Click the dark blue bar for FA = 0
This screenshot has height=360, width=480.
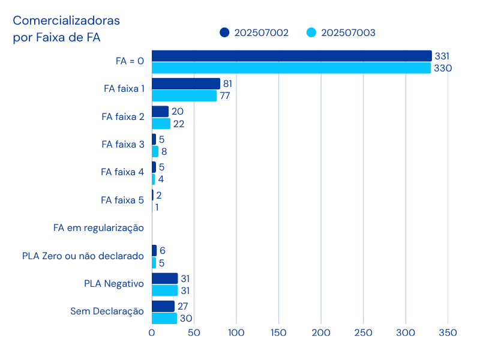coord(292,56)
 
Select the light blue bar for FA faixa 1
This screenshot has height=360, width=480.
coord(184,96)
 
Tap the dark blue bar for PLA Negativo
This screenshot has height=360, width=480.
coord(165,278)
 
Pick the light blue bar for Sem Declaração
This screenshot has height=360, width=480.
coord(164,319)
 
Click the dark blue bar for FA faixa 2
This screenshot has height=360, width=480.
coord(160,112)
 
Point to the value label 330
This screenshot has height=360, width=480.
coord(442,68)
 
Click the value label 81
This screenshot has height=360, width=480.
coord(227,83)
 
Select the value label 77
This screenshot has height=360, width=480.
coord(225,96)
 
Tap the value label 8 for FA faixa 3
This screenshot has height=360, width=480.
coord(164,151)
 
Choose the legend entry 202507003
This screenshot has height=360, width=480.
coord(341,32)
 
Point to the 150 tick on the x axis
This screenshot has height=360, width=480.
coord(278,332)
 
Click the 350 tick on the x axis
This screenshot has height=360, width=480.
coord(448,332)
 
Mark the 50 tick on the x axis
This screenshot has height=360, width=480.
coord(194,332)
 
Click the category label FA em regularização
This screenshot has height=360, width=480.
coord(98,228)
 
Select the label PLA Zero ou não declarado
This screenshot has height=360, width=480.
coord(83,256)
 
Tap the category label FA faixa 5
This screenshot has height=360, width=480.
coord(122,200)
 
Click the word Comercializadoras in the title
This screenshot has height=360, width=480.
coord(67,21)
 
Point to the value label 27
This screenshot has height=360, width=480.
coord(183,306)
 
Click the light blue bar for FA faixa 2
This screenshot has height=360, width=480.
coord(161,124)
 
